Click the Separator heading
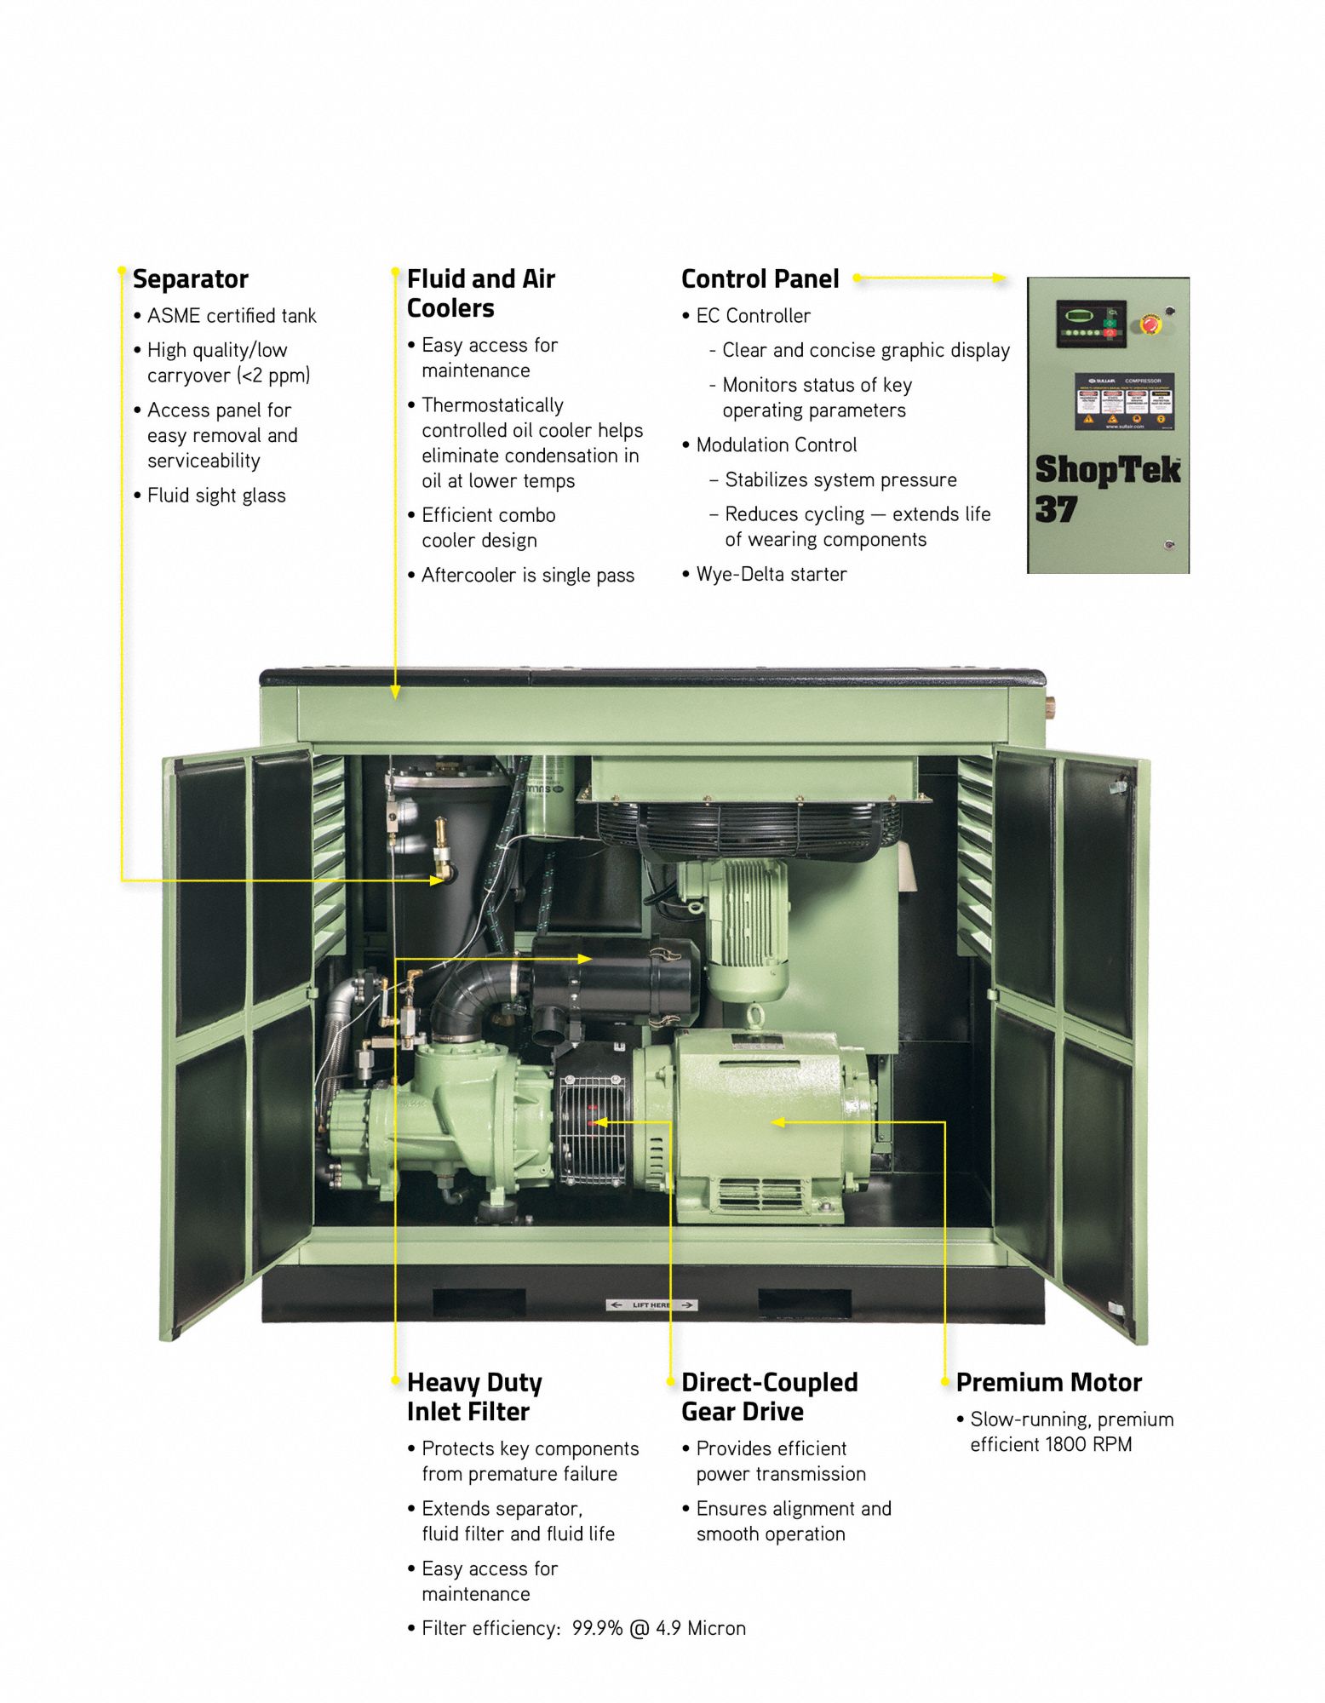(x=190, y=279)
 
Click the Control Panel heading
(x=760, y=279)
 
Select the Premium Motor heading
(x=1048, y=1382)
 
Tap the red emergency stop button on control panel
(x=1150, y=324)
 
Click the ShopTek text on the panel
(x=1107, y=469)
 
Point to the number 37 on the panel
(x=1056, y=509)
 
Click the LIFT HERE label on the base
(x=651, y=1304)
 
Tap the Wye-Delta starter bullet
(x=771, y=574)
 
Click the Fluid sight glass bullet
(x=216, y=496)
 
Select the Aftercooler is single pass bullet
(x=527, y=576)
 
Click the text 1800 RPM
(x=1087, y=1445)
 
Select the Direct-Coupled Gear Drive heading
(x=769, y=1396)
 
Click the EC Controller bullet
(x=753, y=316)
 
